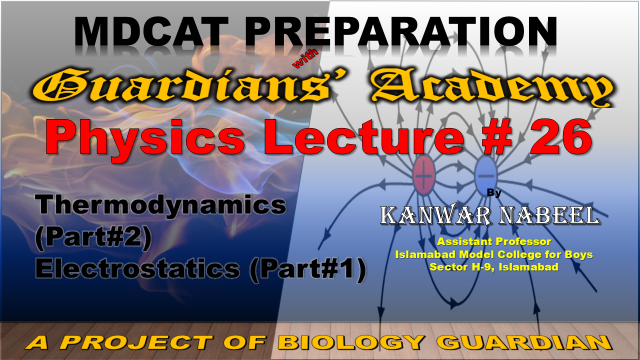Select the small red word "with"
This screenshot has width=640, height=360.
click(305, 58)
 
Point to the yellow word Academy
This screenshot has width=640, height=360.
click(491, 87)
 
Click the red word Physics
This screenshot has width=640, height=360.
click(145, 138)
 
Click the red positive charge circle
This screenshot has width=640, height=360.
click(424, 176)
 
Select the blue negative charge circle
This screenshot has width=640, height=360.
click(486, 176)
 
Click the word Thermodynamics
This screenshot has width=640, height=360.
click(161, 206)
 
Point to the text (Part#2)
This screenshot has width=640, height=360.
click(93, 237)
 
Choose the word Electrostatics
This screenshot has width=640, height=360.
click(138, 269)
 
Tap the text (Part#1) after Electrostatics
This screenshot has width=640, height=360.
click(308, 269)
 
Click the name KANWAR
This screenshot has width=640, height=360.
click(436, 215)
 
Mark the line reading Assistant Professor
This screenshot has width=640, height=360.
click(494, 242)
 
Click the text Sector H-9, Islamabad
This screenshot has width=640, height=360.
click(494, 267)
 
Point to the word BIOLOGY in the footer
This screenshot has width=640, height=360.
click(351, 342)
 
